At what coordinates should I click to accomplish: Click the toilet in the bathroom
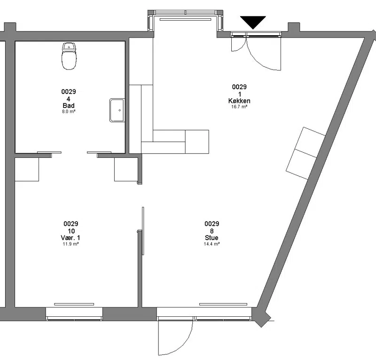[x=69, y=56]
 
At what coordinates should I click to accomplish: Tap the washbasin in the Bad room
[x=117, y=110]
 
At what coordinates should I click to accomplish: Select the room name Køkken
[x=239, y=101]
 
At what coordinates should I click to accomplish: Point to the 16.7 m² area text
[x=239, y=107]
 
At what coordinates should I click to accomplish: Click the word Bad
[x=69, y=106]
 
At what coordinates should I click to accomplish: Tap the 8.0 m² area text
[x=69, y=111]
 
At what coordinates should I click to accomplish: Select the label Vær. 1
[x=70, y=238]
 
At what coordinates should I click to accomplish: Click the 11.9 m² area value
[x=71, y=244]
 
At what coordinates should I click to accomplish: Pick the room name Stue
[x=211, y=238]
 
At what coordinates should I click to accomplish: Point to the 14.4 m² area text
[x=212, y=244]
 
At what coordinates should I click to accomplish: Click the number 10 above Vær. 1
[x=71, y=231]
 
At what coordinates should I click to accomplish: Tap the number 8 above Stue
[x=212, y=231]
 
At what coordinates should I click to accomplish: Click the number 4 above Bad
[x=69, y=99]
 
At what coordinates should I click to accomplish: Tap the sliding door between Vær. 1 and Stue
[x=143, y=231]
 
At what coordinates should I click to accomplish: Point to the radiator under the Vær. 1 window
[x=74, y=305]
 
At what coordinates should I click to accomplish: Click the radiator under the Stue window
[x=223, y=305]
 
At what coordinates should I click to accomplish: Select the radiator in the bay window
[x=185, y=19]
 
